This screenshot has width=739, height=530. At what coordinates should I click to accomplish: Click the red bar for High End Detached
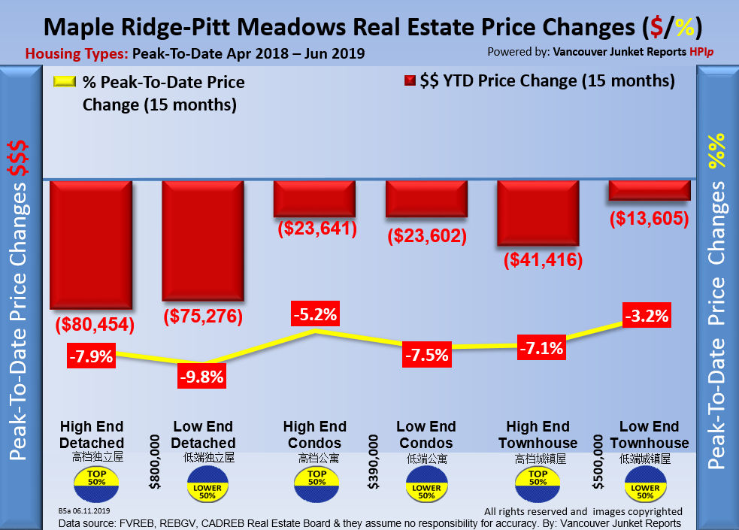click(91, 244)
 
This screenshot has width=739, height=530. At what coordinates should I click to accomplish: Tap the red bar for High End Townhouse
click(538, 213)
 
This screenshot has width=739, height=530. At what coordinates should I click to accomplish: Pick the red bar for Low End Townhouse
click(649, 190)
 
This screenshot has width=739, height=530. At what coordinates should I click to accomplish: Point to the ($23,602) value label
click(427, 235)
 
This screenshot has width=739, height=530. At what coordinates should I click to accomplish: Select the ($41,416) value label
click(538, 261)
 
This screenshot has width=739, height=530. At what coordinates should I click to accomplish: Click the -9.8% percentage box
click(201, 377)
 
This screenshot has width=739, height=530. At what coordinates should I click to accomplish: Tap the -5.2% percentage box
click(316, 313)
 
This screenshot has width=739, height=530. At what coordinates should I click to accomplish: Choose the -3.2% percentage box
click(647, 315)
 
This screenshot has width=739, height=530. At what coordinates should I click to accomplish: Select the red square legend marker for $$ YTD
click(410, 80)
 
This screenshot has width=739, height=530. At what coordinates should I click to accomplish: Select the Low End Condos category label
click(426, 435)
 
